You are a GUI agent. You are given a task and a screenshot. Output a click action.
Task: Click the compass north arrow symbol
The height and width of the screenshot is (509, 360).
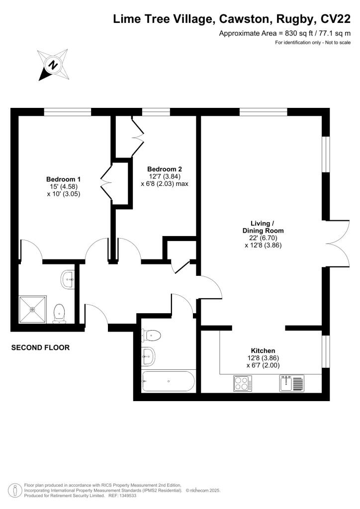(52, 65)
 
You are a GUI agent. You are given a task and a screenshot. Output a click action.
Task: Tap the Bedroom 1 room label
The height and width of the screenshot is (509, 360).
(64, 179)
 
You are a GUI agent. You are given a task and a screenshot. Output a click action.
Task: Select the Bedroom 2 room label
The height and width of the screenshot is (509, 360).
(164, 169)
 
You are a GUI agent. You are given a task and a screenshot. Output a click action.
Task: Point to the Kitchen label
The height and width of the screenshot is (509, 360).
(263, 350)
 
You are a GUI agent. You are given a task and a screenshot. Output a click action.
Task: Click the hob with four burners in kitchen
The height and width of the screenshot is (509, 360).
(242, 383)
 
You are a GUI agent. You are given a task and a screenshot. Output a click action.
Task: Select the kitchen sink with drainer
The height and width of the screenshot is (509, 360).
(291, 383)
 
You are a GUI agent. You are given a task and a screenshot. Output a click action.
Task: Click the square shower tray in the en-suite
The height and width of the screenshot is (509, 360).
(33, 309)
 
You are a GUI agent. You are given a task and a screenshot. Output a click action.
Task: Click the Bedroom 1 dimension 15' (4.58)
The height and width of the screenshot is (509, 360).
(64, 187)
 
